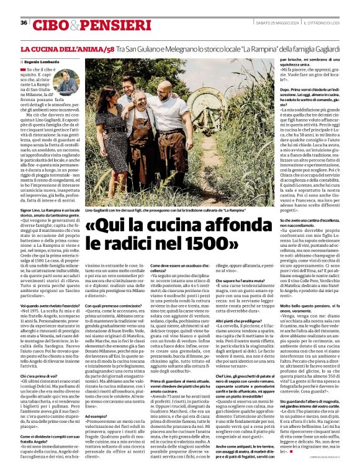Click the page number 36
click(x=23, y=23)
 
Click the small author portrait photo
click(x=65, y=81)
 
